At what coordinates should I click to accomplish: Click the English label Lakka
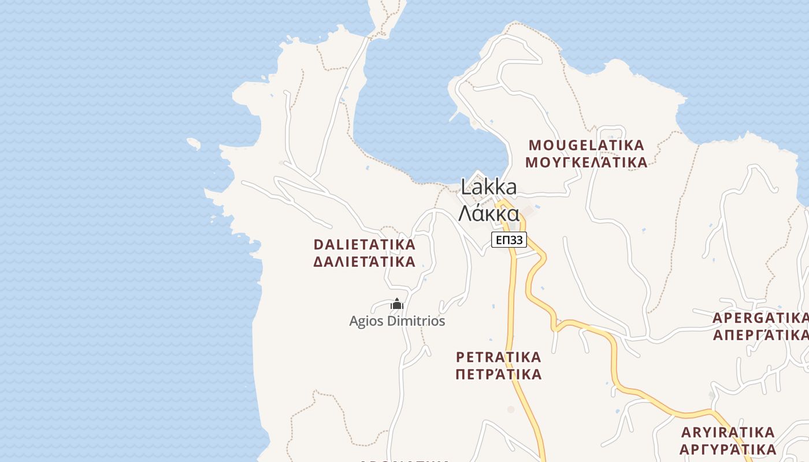coord(489,187)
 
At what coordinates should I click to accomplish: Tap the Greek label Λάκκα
coord(489,213)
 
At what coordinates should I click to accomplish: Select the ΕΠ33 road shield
coord(509,240)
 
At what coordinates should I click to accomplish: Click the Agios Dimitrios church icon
coord(397,304)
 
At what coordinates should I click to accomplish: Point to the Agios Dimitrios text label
coord(397,321)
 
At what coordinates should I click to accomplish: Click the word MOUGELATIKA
coord(586,145)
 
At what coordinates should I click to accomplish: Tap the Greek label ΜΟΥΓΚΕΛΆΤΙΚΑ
coord(586,162)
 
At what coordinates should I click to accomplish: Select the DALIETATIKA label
coord(364,244)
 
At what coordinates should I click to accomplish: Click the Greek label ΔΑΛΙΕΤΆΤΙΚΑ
coord(364,262)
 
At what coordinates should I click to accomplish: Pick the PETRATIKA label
coord(498,356)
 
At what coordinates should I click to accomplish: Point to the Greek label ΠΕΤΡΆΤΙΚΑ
coord(498,374)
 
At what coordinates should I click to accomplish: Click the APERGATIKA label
coord(760,318)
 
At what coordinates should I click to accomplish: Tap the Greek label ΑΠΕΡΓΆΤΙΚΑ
coord(760,334)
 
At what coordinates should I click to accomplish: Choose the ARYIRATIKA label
coord(728,432)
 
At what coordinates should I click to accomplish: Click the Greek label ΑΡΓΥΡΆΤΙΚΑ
coord(728,449)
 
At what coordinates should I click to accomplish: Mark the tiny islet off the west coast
coord(194,143)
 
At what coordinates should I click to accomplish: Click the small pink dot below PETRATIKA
coord(510,409)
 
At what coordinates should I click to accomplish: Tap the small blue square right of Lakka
coord(537,207)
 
